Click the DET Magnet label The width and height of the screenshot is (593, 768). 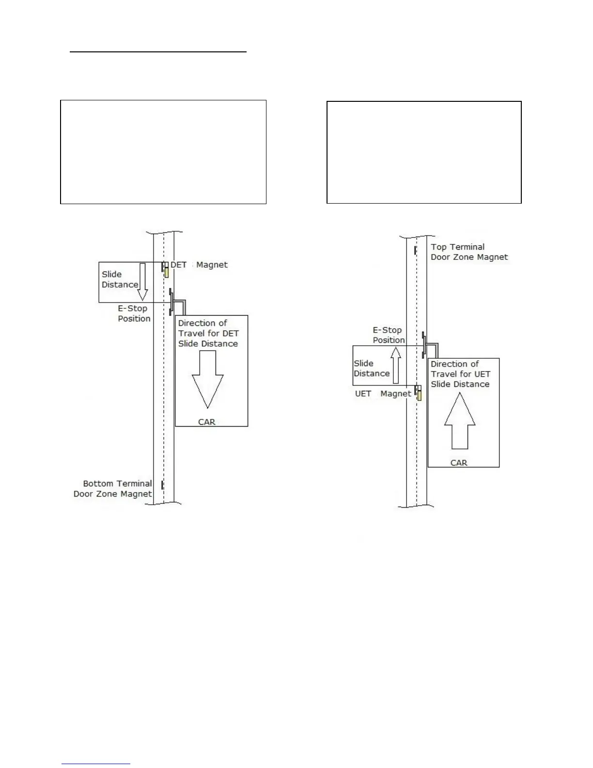pyautogui.click(x=199, y=265)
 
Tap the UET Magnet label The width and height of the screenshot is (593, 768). pyautogui.click(x=383, y=394)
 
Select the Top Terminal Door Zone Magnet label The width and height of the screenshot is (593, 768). pyautogui.click(x=469, y=252)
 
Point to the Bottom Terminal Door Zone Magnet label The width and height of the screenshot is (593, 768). pyautogui.click(x=113, y=489)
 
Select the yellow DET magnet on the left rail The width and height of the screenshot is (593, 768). pyautogui.click(x=167, y=272)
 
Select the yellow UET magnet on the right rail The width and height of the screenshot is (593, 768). pyautogui.click(x=420, y=395)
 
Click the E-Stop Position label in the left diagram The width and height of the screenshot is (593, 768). pyautogui.click(x=134, y=314)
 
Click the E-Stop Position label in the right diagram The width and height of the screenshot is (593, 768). pyautogui.click(x=388, y=335)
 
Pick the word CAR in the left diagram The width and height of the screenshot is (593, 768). pyautogui.click(x=207, y=422)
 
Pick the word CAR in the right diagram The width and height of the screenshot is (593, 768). pyautogui.click(x=459, y=463)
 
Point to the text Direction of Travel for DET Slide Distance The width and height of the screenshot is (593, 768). pyautogui.click(x=208, y=333)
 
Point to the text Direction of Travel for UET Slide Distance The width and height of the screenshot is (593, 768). pyautogui.click(x=460, y=374)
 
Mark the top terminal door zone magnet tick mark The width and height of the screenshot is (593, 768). pyautogui.click(x=416, y=251)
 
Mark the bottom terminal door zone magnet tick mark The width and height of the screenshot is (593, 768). pyautogui.click(x=162, y=485)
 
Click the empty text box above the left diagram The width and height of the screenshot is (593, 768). pyautogui.click(x=163, y=152)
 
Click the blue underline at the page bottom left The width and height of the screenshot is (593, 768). pyautogui.click(x=96, y=764)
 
